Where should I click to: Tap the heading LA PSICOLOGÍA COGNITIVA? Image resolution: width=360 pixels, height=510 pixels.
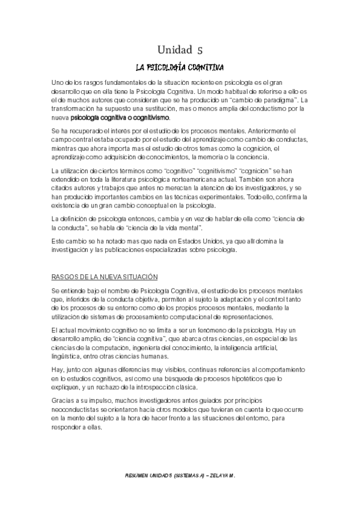pos(180,68)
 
